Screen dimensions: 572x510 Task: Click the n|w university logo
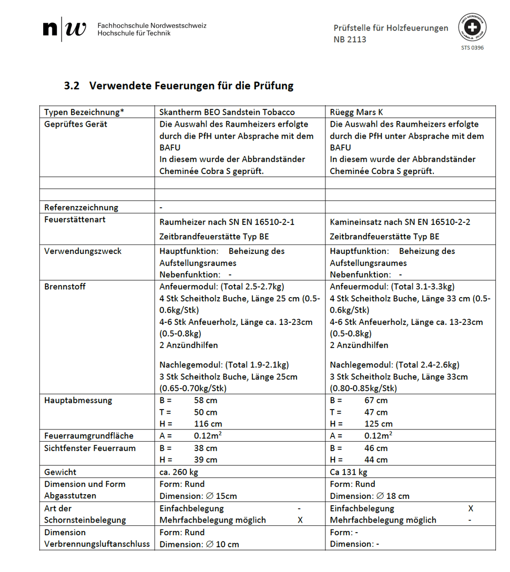(64, 29)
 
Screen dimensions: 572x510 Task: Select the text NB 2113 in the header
(350, 39)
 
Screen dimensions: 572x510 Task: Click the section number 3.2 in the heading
(72, 86)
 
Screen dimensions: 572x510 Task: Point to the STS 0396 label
(472, 48)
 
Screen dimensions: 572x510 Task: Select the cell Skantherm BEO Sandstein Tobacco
(227, 112)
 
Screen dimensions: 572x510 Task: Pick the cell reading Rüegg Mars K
(356, 112)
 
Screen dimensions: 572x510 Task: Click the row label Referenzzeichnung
(81, 207)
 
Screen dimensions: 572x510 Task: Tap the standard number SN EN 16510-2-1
(261, 222)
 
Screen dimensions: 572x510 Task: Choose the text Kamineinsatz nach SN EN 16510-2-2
(400, 222)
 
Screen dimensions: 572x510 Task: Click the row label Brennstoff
(65, 287)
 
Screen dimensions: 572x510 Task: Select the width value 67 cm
(376, 400)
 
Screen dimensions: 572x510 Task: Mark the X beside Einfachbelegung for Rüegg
(471, 508)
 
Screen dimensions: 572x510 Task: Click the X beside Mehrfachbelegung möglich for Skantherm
(300, 520)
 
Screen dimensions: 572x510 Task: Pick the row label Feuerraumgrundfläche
(89, 436)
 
